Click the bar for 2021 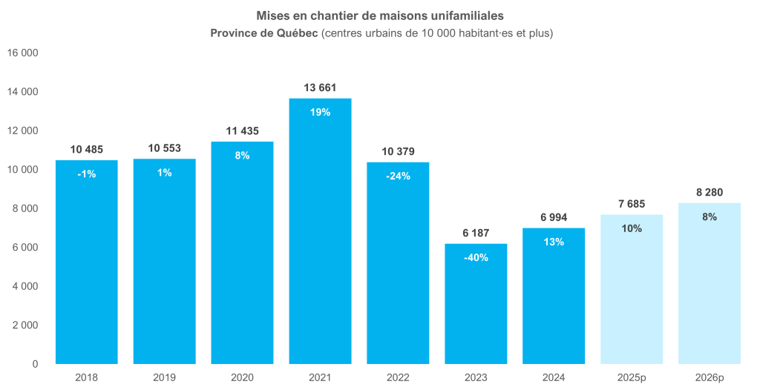tap(320, 237)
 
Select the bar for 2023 tap(476, 311)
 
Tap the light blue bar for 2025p tap(631, 297)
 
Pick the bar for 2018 tap(86, 267)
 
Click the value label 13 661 tap(320, 87)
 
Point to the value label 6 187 tap(476, 233)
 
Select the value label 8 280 tap(710, 192)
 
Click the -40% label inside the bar tap(476, 257)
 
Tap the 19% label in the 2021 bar tap(320, 112)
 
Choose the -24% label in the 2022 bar tap(398, 176)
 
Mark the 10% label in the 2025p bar tap(632, 228)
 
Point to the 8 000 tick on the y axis tap(24, 209)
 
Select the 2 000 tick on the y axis tap(24, 325)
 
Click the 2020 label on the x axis tap(242, 377)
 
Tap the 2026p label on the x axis tap(710, 377)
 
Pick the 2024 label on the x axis tap(554, 377)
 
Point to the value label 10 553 tap(164, 148)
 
